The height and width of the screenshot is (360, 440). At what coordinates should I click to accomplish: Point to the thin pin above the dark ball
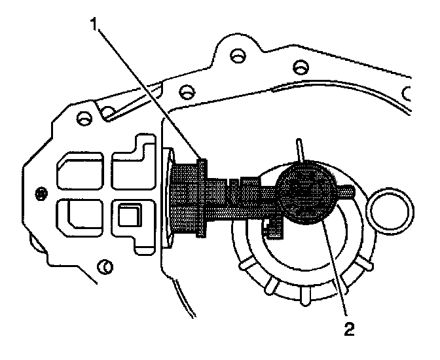click(299, 149)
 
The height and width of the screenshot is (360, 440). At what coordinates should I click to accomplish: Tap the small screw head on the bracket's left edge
click(42, 193)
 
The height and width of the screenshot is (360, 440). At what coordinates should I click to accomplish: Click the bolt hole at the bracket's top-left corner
click(82, 119)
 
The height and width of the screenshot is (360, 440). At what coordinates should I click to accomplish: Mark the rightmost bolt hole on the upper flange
click(300, 66)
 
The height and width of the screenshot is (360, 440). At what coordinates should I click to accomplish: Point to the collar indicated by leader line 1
click(201, 196)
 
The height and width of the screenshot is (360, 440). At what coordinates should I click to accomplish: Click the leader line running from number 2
click(336, 268)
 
